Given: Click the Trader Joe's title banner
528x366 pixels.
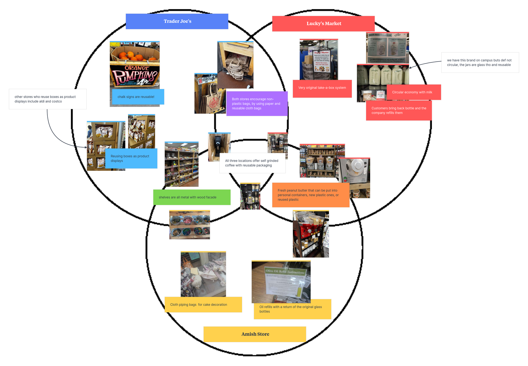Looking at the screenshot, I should (177, 21).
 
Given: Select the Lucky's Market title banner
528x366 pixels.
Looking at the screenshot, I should (323, 24).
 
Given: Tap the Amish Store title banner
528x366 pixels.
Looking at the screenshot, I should (255, 334).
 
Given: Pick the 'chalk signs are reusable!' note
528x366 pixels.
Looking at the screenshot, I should (138, 97).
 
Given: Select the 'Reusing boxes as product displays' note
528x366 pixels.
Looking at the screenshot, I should (131, 158).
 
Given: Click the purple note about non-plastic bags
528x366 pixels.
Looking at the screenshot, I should (257, 104).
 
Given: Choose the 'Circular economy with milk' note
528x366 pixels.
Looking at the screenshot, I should (414, 92).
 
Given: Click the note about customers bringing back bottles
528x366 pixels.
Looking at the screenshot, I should (399, 111).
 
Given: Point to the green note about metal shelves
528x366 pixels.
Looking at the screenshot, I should (192, 197).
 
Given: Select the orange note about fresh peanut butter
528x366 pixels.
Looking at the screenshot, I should (310, 195).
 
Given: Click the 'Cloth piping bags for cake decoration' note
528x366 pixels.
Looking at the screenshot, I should (203, 305).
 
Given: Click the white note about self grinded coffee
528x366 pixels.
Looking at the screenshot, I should (252, 163).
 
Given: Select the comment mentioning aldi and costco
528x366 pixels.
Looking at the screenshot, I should (48, 99).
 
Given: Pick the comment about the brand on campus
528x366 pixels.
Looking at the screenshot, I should (480, 62).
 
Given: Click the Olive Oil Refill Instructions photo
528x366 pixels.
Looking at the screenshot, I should (281, 281).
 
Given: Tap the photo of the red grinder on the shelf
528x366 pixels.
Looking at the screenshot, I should (311, 234).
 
